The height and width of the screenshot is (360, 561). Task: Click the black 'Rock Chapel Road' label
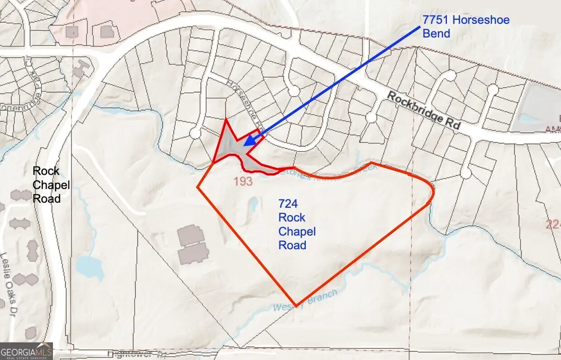point(51,185)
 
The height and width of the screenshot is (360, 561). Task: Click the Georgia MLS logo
point(26,351)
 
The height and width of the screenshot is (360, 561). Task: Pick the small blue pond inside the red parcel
point(253,204)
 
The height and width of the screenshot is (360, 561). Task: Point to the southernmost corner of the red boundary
point(295,305)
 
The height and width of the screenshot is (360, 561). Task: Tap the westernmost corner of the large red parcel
point(198,187)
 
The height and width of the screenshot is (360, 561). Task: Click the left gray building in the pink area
point(73,31)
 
